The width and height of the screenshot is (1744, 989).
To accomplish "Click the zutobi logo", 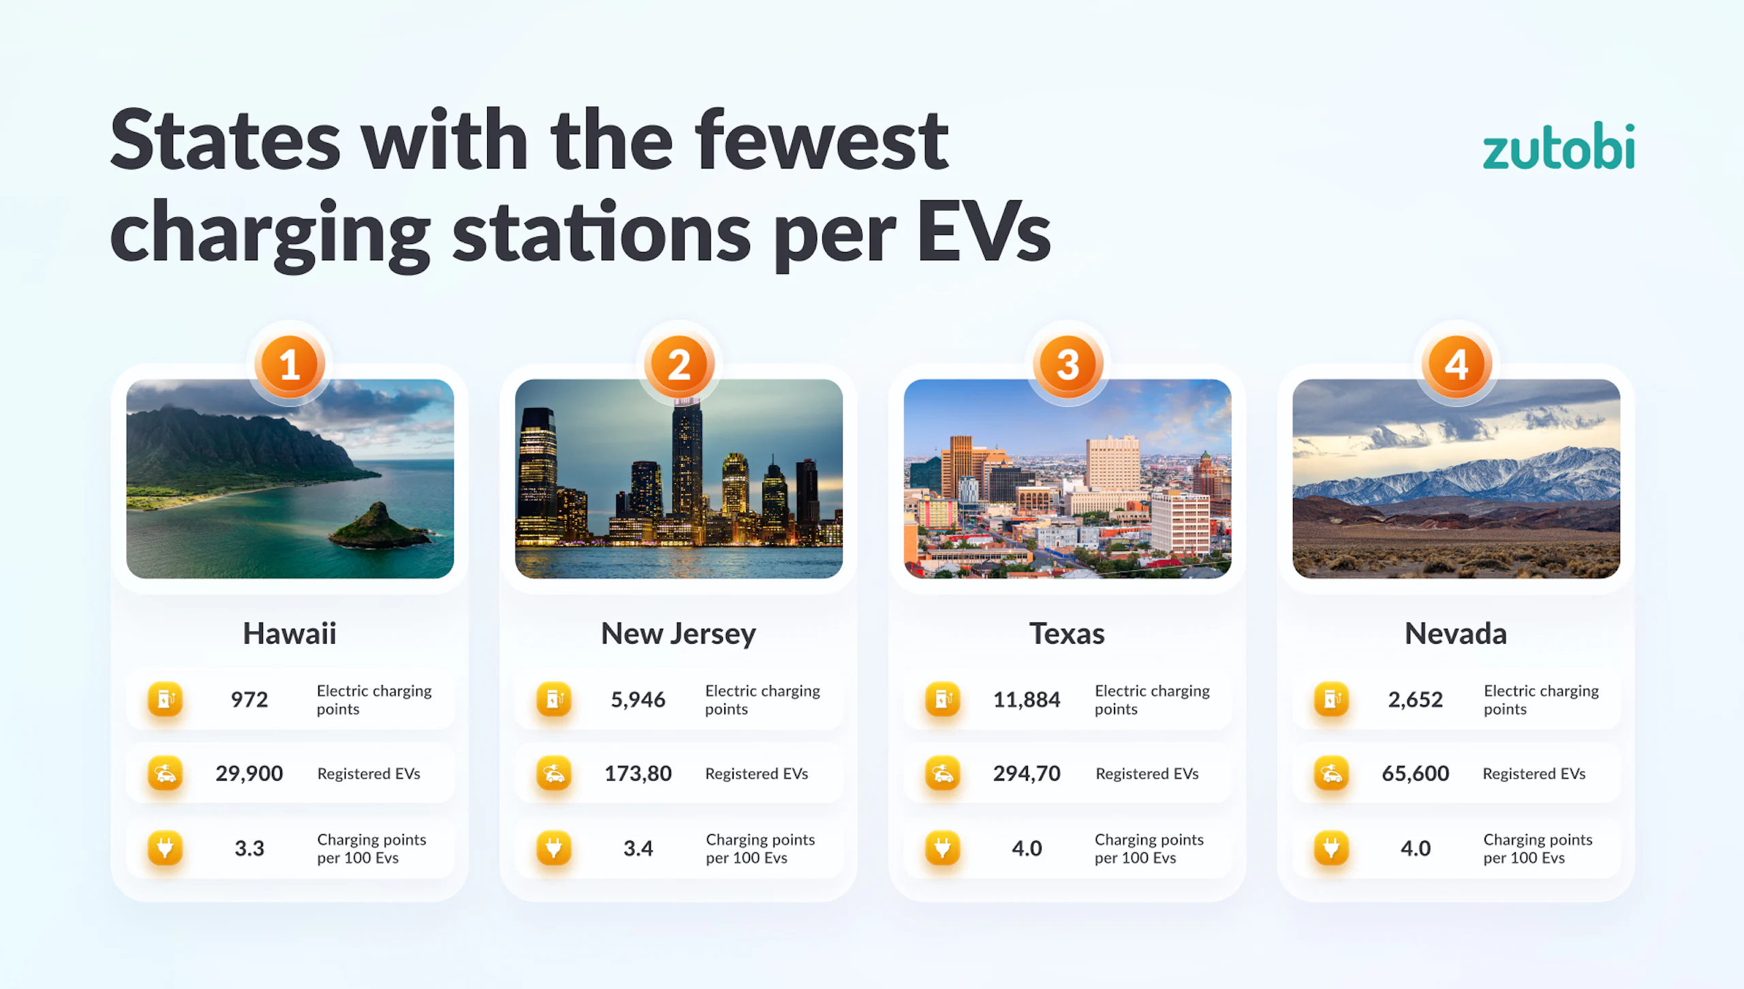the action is click(x=1559, y=146).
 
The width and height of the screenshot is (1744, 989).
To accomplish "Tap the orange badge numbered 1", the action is click(x=290, y=365).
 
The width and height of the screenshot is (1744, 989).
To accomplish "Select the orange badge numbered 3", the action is click(x=1068, y=365).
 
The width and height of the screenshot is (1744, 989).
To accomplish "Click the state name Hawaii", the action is click(x=290, y=633).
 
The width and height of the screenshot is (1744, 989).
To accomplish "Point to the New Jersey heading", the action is click(x=679, y=634).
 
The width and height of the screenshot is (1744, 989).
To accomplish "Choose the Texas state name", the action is click(x=1067, y=633).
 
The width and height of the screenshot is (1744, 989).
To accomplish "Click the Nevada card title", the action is click(x=1456, y=633).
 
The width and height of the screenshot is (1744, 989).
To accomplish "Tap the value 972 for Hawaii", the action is click(x=249, y=700).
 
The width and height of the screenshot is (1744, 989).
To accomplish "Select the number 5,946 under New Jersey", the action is click(x=638, y=700).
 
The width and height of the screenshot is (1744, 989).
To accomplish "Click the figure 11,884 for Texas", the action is click(x=1027, y=700).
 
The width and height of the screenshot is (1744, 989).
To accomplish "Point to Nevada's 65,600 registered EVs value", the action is click(x=1415, y=774).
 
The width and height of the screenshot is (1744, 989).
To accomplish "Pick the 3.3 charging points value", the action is click(x=249, y=848).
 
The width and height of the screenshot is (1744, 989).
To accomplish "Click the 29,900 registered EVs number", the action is click(x=249, y=774).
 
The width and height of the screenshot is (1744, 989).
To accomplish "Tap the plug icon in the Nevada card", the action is click(x=1331, y=848).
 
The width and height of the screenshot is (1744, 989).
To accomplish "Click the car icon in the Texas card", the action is click(x=943, y=774).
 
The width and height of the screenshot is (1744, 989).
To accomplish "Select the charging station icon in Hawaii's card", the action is click(x=166, y=700).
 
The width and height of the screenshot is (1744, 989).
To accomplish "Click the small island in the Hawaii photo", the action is click(x=379, y=527).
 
